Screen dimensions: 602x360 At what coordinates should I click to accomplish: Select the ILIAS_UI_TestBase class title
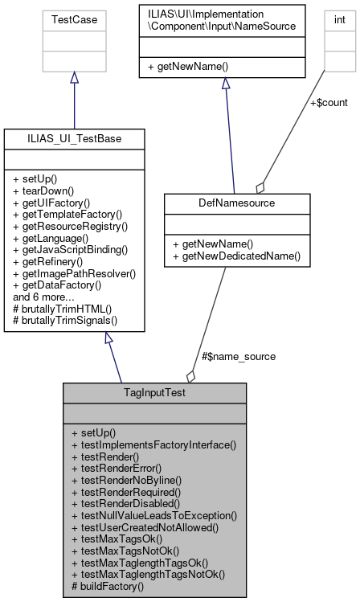[x=74, y=139]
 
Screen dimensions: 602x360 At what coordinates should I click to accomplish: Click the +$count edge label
[x=328, y=102]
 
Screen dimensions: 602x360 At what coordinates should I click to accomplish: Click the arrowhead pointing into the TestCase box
[x=74, y=77]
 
